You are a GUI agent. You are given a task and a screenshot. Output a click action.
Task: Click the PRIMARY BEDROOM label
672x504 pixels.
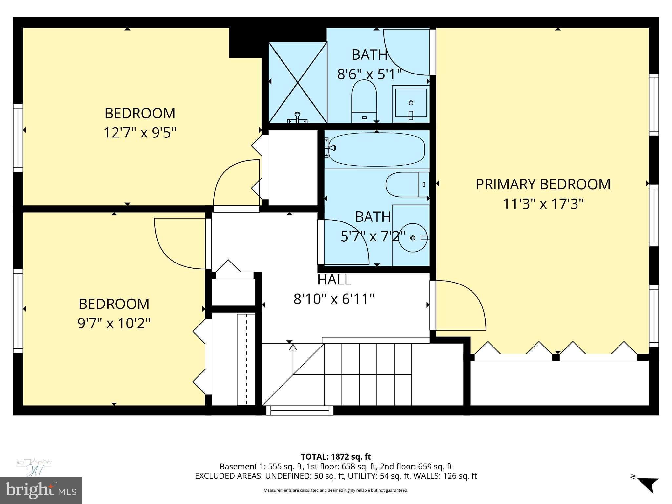point(543,184)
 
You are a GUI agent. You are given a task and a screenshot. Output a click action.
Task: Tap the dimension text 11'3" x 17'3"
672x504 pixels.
point(543,204)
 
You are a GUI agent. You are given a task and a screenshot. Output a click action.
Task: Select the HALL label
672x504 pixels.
point(334,280)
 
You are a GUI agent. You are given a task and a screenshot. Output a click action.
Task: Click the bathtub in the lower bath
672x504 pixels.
point(376,149)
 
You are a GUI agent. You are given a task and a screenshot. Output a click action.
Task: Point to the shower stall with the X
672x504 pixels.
point(298,82)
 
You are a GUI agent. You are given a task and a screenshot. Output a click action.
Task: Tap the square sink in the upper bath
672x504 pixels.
point(410,103)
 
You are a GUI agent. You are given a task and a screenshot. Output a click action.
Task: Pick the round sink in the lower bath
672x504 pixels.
point(413,238)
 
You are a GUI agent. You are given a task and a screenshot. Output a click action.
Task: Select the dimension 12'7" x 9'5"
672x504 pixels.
point(140,133)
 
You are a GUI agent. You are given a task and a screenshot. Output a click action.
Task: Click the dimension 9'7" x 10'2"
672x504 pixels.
point(114,323)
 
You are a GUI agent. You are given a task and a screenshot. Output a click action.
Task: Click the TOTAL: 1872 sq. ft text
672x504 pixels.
point(336,457)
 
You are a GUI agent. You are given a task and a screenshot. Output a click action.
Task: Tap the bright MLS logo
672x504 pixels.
point(41,490)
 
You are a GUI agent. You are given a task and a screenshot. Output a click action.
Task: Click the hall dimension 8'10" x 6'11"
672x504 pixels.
point(334,299)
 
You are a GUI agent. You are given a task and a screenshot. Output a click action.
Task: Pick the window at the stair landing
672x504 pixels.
point(300,410)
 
